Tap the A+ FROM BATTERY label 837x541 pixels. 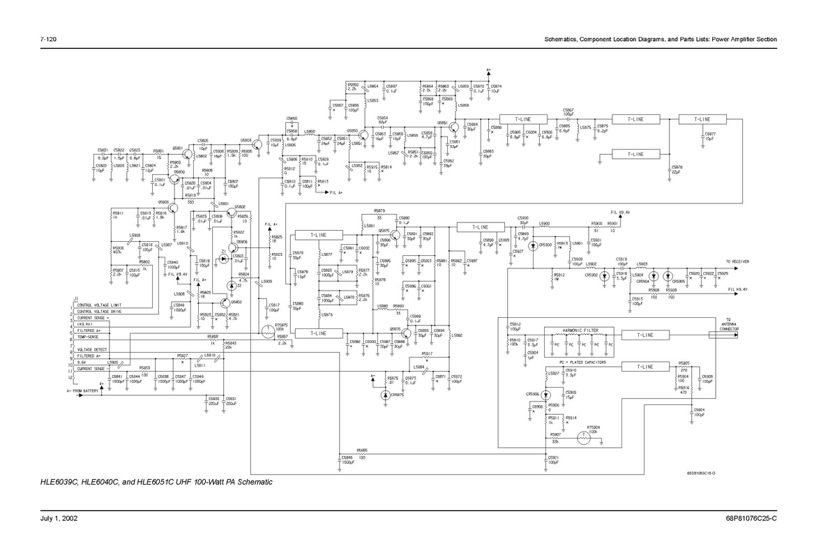[x=82, y=391]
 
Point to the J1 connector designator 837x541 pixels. [x=75, y=300]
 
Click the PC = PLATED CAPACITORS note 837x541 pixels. [x=582, y=363]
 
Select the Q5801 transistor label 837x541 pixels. [x=177, y=148]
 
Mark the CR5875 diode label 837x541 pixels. [x=395, y=394]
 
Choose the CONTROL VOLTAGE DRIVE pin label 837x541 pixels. [x=102, y=312]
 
